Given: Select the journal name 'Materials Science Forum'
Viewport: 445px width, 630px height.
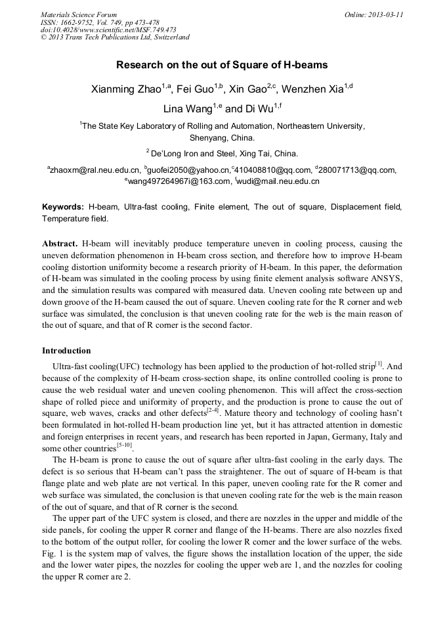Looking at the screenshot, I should coord(79,14).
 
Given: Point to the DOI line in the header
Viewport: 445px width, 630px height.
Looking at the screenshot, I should coord(108,30).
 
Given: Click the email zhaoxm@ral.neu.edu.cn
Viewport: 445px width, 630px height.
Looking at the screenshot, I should coord(95,170).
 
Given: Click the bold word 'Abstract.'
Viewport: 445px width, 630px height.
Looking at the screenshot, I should coord(60,244).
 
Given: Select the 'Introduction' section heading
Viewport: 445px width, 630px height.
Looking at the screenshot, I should coord(66,350).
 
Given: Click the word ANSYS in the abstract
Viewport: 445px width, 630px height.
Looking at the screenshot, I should coord(387,279).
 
